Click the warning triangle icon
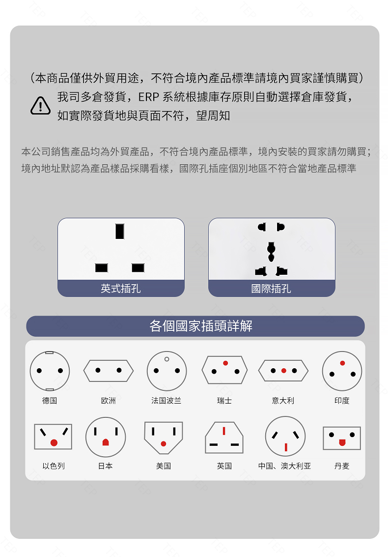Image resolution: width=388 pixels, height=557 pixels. point(40,105)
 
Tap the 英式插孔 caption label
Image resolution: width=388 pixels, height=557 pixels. point(121,289)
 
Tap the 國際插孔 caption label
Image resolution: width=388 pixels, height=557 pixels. point(271,289)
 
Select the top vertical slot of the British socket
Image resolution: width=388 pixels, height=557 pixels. point(119,231)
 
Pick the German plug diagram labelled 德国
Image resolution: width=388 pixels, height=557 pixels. point(50,371)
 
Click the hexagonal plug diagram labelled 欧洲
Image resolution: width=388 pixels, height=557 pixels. point(109,370)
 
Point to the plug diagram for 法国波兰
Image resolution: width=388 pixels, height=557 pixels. point(166,371)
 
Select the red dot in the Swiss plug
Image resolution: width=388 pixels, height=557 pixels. point(225,363)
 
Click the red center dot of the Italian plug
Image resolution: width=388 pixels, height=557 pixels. point(284,371)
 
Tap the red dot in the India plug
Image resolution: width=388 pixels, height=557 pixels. point(342,363)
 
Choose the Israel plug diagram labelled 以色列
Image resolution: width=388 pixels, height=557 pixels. point(53,437)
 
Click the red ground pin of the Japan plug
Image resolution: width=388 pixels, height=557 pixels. point(105,442)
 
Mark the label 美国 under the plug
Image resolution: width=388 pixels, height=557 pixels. point(164,466)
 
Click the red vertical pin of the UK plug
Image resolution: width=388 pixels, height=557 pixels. point(224,431)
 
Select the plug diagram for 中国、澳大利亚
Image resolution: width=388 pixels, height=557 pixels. point(285,437)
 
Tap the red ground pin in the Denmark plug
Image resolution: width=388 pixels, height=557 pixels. point(342,442)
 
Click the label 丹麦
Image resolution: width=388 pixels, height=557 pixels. point(342,466)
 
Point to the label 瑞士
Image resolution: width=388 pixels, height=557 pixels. point(224,401)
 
